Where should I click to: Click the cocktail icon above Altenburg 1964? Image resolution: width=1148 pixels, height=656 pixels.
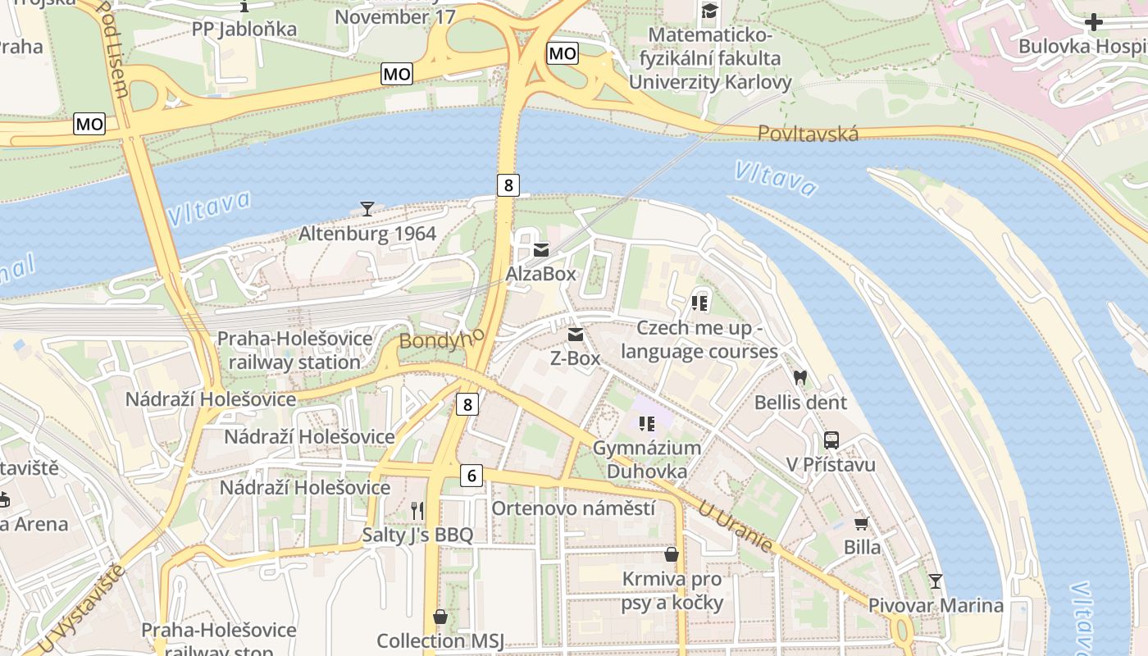coord(367,209)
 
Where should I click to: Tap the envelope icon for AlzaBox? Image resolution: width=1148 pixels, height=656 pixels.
coord(541,250)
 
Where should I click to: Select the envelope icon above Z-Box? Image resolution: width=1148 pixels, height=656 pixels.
coord(576,335)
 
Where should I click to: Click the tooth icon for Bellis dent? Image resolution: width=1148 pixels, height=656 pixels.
coord(800,378)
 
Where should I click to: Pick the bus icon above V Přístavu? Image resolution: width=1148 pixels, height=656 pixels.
coord(831,440)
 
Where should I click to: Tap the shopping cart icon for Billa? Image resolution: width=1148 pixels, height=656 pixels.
coord(861,523)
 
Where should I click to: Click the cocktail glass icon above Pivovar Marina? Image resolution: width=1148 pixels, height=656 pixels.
coord(936,581)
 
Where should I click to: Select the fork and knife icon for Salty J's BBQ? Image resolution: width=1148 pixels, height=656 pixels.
coord(417,511)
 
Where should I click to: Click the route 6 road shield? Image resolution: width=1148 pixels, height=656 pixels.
coord(471,475)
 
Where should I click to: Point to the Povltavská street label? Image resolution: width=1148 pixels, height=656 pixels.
coord(808,134)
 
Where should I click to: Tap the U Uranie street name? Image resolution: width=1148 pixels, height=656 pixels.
coord(735,526)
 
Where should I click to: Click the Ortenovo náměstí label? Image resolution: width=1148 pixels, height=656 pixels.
coord(573,508)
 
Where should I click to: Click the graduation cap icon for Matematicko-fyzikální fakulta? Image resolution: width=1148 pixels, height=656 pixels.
coord(709,11)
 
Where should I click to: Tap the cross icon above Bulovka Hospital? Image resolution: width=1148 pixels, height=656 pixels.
coord(1094,22)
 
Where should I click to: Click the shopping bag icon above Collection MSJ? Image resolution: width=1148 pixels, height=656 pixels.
coord(440,617)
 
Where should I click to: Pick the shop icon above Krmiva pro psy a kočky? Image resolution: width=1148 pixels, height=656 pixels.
coord(672,555)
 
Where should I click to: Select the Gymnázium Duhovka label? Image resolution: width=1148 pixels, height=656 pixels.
coord(647,459)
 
